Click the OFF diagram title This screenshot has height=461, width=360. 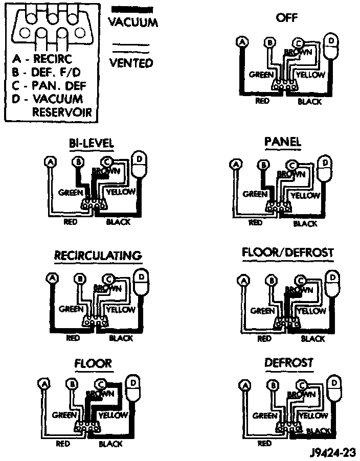click(286, 18)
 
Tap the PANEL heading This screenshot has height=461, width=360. click(283, 142)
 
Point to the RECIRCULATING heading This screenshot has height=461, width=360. click(98, 255)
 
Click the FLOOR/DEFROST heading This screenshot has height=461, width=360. click(287, 253)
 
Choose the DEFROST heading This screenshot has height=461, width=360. click(288, 363)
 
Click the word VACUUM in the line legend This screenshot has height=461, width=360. click(133, 22)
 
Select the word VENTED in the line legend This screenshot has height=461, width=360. click(131, 63)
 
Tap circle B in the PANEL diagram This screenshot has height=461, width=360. click(264, 165)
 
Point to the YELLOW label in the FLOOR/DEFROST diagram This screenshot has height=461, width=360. click(311, 311)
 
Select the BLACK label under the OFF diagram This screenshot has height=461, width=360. click(309, 102)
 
